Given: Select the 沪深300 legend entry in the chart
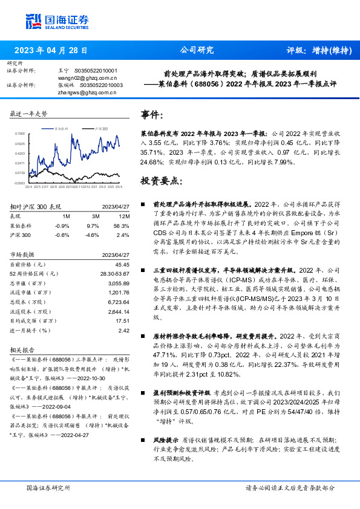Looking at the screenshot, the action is [100, 129].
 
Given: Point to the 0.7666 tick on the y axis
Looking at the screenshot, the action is [20, 134].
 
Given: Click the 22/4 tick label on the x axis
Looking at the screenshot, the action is [28, 187].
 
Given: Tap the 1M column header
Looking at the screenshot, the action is [67, 216].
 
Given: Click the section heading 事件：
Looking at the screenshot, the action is [152, 115].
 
